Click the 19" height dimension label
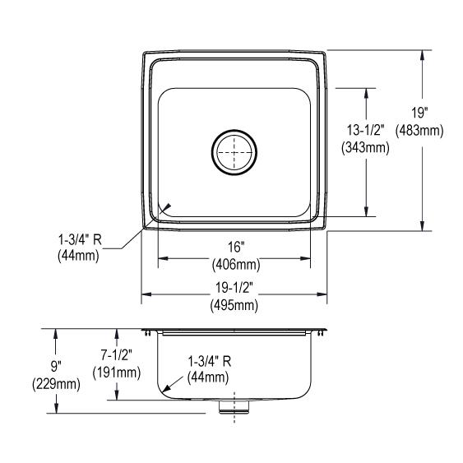coord(421,115)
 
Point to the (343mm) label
coord(365,149)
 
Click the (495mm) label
coord(234,305)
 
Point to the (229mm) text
coord(55,384)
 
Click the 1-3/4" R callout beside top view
coord(78,240)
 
